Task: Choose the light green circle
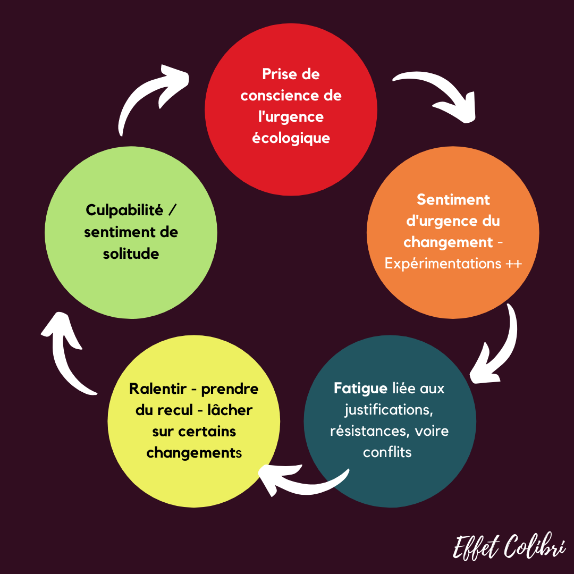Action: (x=131, y=287)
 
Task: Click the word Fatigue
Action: (x=360, y=389)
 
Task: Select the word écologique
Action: (x=291, y=138)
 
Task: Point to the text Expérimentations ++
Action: (x=453, y=264)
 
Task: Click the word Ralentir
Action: (x=157, y=389)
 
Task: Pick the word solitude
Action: (x=131, y=254)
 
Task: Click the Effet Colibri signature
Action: (x=509, y=547)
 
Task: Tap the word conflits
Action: (x=387, y=452)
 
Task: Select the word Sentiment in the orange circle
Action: (x=453, y=199)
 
